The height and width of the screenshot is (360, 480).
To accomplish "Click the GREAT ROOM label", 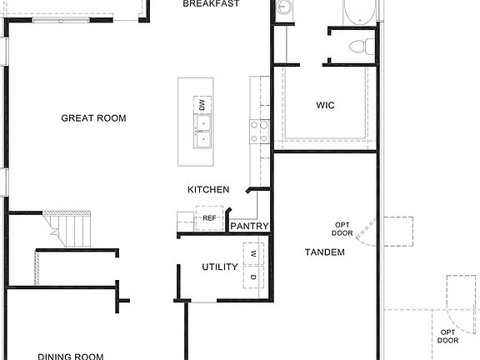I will tap(93, 118).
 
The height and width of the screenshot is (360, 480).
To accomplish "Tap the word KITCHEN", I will tap(208, 190).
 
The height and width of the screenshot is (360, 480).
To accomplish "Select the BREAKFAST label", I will tap(211, 4).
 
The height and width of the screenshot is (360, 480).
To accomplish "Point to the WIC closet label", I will tap(325, 106).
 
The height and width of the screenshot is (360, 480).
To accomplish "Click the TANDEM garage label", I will tap(324, 252).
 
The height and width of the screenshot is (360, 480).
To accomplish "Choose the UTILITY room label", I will tap(220, 267).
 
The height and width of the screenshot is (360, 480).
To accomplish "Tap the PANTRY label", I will tap(249, 226).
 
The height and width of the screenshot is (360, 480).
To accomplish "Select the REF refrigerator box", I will tap(209, 218).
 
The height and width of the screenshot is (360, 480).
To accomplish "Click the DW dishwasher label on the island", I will tap(202, 105).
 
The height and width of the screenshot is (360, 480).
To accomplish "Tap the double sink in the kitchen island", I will tap(202, 131).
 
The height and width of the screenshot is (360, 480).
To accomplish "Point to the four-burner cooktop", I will tap(259, 131).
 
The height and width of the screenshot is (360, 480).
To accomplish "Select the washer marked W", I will tap(253, 251).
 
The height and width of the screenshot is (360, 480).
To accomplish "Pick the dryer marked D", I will tap(253, 276).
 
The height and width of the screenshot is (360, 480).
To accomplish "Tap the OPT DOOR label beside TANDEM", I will tap(342, 229).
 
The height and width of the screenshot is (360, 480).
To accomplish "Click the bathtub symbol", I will tap(361, 12).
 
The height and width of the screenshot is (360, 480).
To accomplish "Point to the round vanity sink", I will tap(284, 9).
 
